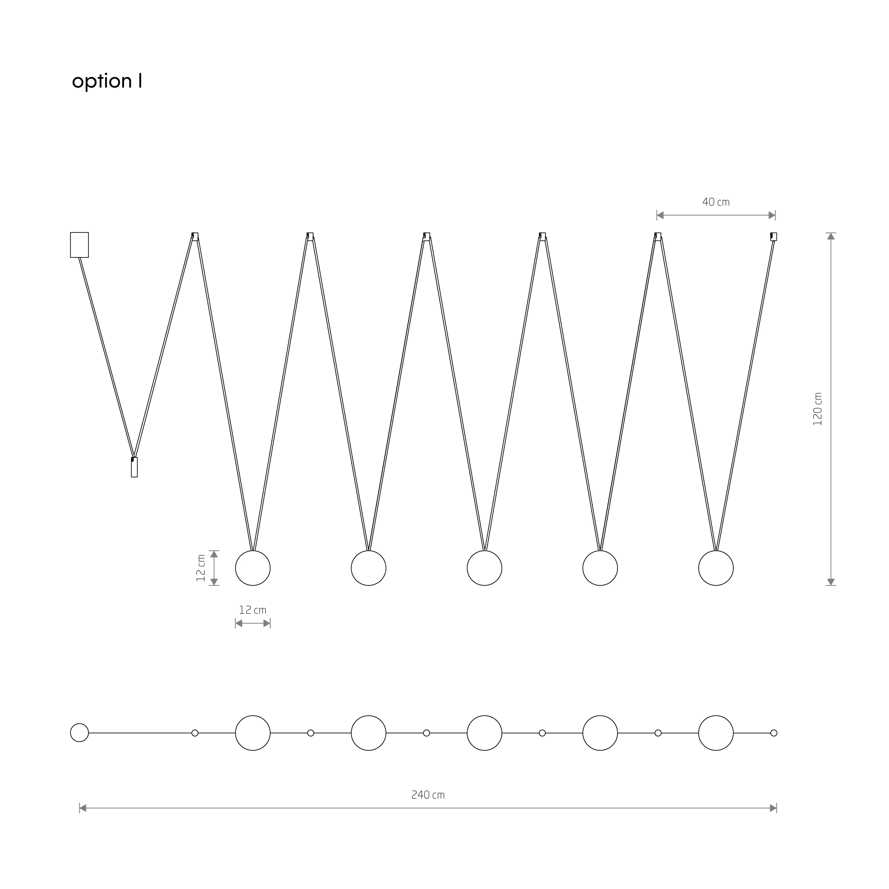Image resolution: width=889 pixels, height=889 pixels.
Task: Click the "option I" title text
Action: [x=107, y=81]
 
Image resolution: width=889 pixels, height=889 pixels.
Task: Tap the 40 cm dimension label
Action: [x=716, y=202]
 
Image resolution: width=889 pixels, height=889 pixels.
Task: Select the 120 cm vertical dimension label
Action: [x=817, y=409]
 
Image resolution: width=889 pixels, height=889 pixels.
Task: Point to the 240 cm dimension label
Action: [x=428, y=795]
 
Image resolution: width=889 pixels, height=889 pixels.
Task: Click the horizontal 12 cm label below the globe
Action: [x=252, y=610]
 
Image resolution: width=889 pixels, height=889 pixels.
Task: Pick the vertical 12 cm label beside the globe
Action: [x=200, y=568]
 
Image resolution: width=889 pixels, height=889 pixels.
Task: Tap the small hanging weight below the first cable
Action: [x=134, y=467]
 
